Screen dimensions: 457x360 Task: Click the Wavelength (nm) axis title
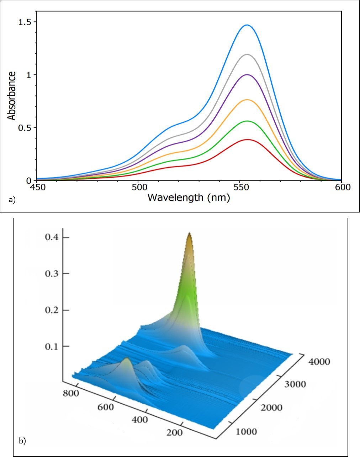click(189, 198)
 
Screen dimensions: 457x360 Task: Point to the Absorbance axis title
click(12, 96)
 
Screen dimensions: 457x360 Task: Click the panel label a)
click(12, 200)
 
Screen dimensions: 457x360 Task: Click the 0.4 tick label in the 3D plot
click(52, 237)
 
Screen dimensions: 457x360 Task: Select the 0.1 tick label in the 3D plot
click(52, 346)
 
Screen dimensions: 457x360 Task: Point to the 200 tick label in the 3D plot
click(174, 432)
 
